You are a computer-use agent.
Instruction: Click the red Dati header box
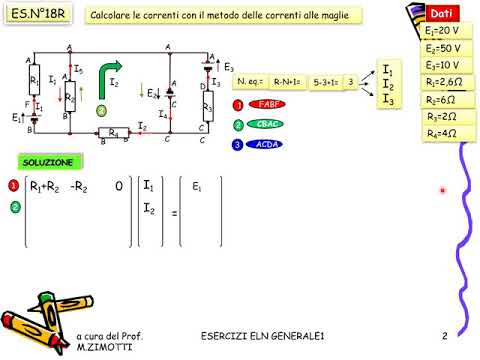pos(441,14)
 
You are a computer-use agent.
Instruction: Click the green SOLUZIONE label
pos(49,162)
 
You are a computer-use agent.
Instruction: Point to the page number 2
pos(443,335)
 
